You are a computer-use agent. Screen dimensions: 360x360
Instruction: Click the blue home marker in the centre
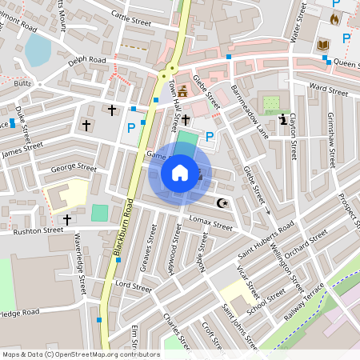point(180,173)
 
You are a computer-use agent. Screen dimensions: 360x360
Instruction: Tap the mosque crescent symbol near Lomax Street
point(223,203)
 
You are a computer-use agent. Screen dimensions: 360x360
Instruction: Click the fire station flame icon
point(334,18)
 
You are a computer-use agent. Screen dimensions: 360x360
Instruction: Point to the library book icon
point(324,45)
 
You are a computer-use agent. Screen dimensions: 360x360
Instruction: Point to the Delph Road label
point(86,60)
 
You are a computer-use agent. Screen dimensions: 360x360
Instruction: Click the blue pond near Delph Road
point(38,50)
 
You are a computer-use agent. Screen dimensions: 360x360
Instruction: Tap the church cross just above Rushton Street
point(66,218)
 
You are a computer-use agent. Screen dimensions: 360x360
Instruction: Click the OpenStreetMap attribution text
point(81,354)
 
